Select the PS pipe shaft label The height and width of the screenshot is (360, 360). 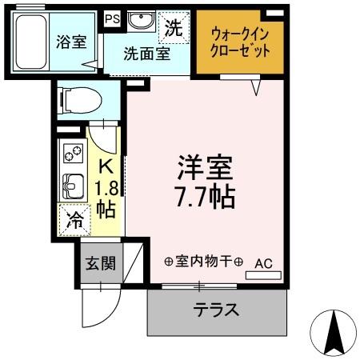[x=111, y=18]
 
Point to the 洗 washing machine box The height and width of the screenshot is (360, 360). [x=174, y=27]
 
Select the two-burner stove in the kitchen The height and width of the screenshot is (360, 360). [x=73, y=153]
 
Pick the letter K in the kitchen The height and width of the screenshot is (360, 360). [x=105, y=166]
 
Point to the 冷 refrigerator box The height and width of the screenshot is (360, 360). [x=74, y=218]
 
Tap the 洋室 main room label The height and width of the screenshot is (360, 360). [x=206, y=170]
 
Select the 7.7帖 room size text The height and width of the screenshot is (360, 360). [x=206, y=197]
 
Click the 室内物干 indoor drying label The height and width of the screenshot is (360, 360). [x=203, y=261]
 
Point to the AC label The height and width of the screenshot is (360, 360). [x=264, y=262]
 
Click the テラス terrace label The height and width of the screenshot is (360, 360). [x=216, y=310]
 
